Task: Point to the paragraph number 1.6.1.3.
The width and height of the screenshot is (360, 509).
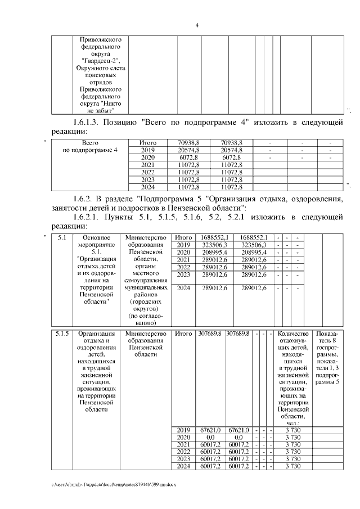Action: coord(93,123)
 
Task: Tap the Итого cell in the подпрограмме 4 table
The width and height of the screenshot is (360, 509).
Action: coord(147,143)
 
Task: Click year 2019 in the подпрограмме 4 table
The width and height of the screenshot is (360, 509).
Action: coord(147,151)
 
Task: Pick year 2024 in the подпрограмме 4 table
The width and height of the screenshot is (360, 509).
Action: coord(147,187)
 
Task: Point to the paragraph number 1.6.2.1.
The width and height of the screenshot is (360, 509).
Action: coord(93,217)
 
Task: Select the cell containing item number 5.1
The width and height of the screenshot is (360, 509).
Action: coord(62,238)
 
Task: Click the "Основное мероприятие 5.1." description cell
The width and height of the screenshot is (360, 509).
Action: coord(95,270)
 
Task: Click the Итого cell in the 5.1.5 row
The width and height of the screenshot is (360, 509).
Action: coord(183,334)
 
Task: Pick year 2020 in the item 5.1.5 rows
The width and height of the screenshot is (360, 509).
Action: coord(183,436)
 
